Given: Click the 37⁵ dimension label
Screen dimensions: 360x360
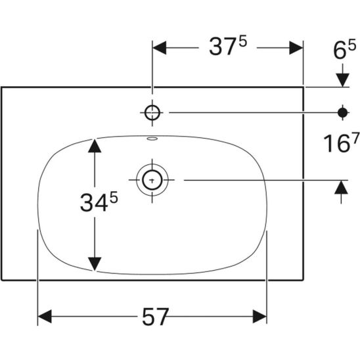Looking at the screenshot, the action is pyautogui.click(x=228, y=47).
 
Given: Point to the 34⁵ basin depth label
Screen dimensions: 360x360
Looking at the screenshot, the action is pyautogui.click(x=99, y=202).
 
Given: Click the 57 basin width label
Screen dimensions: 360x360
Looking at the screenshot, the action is pyautogui.click(x=156, y=317).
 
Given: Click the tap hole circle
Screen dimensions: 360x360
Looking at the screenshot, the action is pyautogui.click(x=152, y=113).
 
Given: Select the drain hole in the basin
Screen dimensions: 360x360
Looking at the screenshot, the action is pyautogui.click(x=152, y=180).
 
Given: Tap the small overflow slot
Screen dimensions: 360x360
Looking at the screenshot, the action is pyautogui.click(x=152, y=139).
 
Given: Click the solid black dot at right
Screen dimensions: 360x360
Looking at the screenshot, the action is pyautogui.click(x=342, y=112).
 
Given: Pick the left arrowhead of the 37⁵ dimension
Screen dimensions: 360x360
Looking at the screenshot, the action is pyautogui.click(x=160, y=48).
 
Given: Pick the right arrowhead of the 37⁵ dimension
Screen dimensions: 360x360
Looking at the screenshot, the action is pyautogui.click(x=296, y=48).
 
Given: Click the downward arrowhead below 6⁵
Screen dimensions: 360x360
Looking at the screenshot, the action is pyautogui.click(x=342, y=80).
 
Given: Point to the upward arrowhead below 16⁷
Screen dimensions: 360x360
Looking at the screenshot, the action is pyautogui.click(x=341, y=187).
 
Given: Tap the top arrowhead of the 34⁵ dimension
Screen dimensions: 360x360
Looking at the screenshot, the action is pyautogui.click(x=95, y=146).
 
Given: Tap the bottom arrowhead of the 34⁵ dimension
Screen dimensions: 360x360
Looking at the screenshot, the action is pyautogui.click(x=95, y=264).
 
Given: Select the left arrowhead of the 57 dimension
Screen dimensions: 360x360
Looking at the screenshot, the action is pyautogui.click(x=45, y=317).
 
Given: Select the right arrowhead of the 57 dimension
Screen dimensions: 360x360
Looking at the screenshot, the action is pyautogui.click(x=259, y=317).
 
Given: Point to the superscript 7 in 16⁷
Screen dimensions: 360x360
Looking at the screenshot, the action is pyautogui.click(x=355, y=137).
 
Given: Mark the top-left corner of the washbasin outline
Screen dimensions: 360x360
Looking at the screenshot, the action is pyautogui.click(x=1, y=87).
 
